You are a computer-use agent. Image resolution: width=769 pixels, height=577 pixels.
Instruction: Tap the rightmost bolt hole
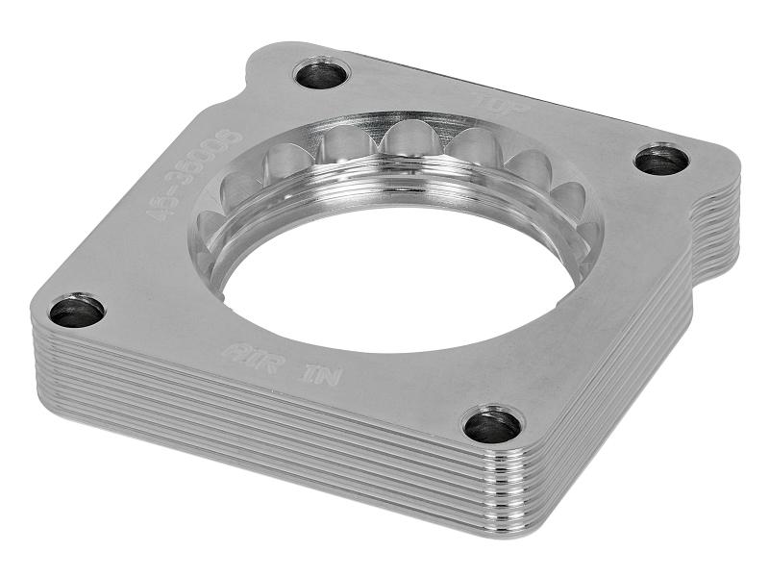pyautogui.click(x=661, y=160)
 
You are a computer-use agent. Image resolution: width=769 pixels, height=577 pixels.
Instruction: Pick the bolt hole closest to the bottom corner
pyautogui.click(x=492, y=424)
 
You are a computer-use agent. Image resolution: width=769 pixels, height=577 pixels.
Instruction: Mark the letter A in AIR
pyautogui.click(x=232, y=350)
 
